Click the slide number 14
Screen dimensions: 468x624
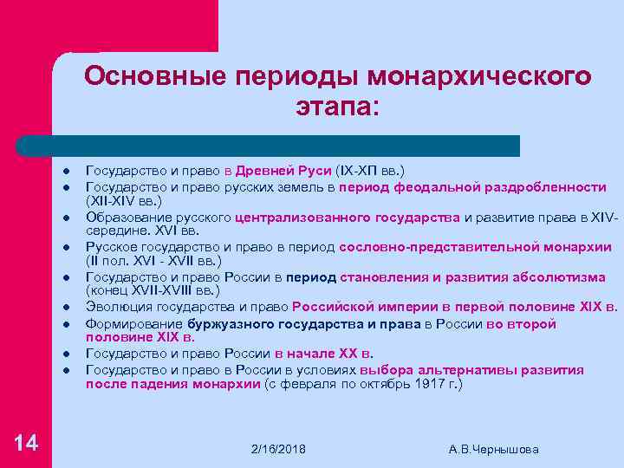pyautogui.click(x=27, y=443)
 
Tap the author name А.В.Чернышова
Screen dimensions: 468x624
pyautogui.click(x=494, y=449)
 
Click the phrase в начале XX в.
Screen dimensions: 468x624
pyautogui.click(x=323, y=354)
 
